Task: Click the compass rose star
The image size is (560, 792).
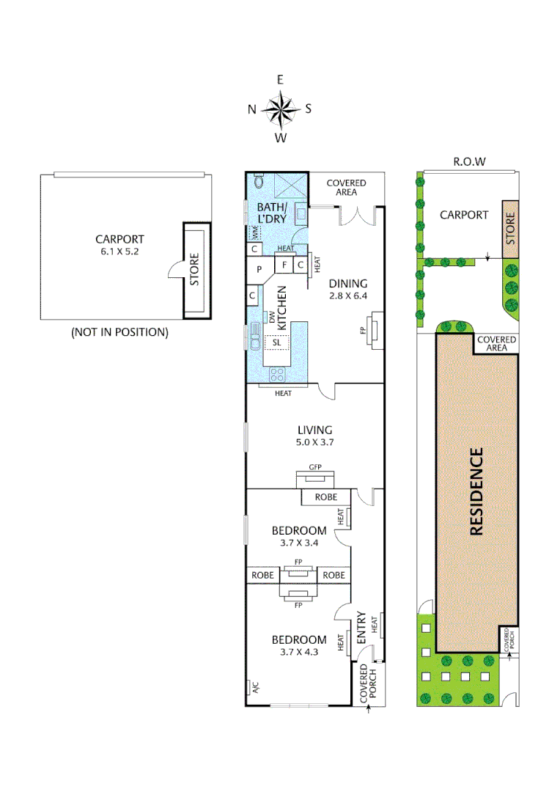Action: tap(280, 109)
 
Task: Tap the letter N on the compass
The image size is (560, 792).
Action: tap(252, 109)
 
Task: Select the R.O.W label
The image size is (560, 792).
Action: tap(471, 161)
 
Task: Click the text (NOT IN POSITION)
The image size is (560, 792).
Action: tap(119, 332)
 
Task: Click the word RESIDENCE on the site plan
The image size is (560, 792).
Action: tap(476, 491)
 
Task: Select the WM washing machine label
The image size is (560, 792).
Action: tap(254, 232)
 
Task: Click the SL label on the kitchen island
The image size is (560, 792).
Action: tap(277, 342)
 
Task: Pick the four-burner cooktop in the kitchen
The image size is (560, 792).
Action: tap(278, 374)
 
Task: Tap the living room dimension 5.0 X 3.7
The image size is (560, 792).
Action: tap(315, 443)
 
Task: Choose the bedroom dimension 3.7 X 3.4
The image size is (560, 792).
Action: tap(298, 543)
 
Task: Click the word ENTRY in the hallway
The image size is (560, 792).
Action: tap(361, 628)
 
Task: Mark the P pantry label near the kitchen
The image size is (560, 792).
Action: tap(259, 269)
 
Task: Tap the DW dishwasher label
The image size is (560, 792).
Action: tap(272, 318)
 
